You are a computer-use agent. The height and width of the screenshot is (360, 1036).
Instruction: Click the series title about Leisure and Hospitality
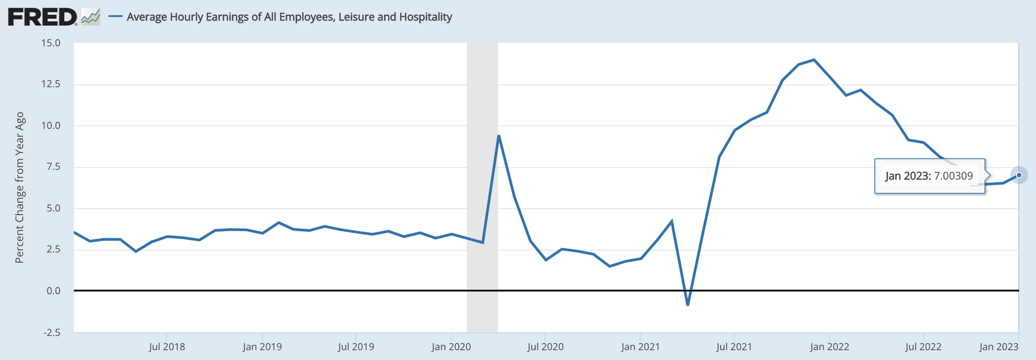[289, 17]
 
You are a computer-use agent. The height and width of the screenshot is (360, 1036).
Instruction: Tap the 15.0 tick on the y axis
[51, 43]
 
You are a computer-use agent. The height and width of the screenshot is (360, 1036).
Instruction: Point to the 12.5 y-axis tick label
[51, 84]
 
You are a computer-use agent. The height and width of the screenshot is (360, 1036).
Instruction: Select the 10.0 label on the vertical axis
[51, 126]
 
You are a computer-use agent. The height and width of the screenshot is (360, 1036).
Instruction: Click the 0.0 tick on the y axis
[53, 291]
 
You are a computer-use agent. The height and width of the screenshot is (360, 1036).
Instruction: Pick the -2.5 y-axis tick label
[52, 333]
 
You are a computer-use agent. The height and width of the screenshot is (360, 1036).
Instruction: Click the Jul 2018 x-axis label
[166, 347]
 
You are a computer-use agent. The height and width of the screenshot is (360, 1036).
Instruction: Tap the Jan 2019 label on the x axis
[262, 347]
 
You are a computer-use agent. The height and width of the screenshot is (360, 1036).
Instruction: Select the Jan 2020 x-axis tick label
[451, 347]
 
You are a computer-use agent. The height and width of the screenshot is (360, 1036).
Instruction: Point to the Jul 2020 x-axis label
[545, 347]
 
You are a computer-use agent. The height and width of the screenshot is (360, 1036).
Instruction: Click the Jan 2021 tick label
[640, 347]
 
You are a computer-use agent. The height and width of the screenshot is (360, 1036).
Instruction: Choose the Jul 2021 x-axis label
[734, 347]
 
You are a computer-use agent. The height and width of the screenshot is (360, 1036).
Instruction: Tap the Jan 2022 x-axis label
[829, 347]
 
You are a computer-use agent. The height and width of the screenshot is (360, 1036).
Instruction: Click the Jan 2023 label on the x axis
[998, 347]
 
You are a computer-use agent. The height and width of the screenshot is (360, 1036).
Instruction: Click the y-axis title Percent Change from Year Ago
[20, 188]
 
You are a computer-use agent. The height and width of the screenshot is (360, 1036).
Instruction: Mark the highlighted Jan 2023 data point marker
[1019, 175]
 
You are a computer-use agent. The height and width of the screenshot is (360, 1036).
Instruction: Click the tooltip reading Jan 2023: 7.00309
[929, 176]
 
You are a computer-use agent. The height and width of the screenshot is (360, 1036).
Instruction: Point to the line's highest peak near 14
[814, 60]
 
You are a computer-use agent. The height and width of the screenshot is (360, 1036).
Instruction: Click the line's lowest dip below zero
[688, 304]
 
